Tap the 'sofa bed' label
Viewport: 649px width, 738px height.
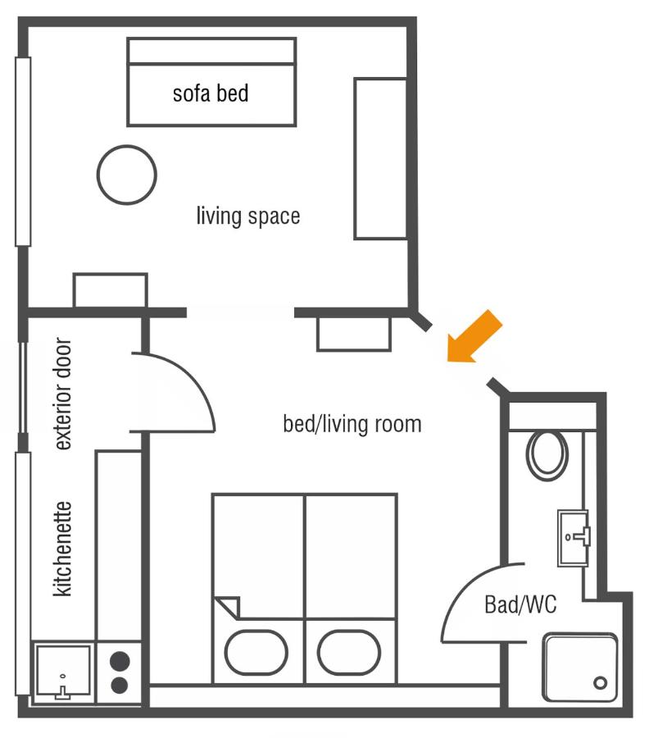pos(211,93)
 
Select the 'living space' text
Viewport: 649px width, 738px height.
pos(247,216)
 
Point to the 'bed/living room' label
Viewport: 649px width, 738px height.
pos(352,424)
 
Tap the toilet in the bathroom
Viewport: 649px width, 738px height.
pos(547,454)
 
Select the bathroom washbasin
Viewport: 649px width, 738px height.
pos(574,538)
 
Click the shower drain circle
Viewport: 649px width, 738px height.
pos(601,682)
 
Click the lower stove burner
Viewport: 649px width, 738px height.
pos(120,685)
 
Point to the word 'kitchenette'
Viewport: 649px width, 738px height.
pos(63,549)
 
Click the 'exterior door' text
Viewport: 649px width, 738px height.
pos(63,394)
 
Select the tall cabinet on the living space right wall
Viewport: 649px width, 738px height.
pos(380,159)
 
